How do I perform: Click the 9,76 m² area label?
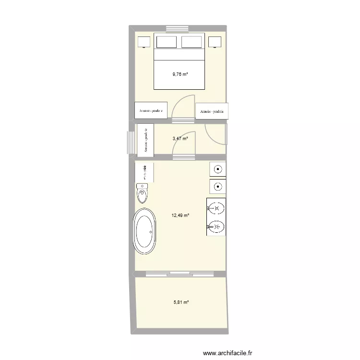(x=180, y=74)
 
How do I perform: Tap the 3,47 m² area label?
(x=180, y=139)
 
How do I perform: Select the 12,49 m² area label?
(x=180, y=216)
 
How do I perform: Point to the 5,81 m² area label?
(x=180, y=302)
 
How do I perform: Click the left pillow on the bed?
(x=166, y=42)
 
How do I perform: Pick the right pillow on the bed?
(x=192, y=42)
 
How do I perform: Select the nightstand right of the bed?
(x=215, y=42)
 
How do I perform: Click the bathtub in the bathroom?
(x=144, y=231)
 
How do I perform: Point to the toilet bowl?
(x=143, y=195)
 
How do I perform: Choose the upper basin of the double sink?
(x=216, y=208)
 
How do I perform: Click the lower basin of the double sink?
(x=216, y=226)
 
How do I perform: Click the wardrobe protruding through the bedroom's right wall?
(x=212, y=111)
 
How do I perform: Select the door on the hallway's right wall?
(x=216, y=135)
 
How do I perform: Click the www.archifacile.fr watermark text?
(x=228, y=353)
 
